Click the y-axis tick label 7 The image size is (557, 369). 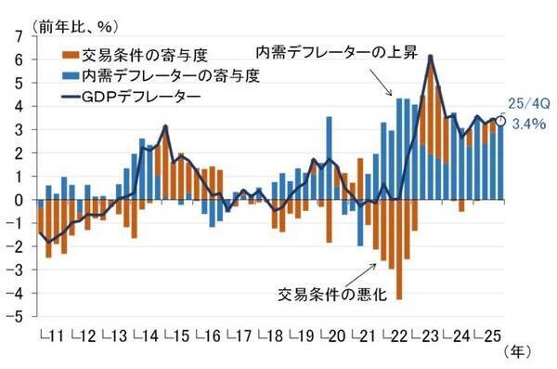17,34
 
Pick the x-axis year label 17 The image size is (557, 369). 243,334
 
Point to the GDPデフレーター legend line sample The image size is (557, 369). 72,96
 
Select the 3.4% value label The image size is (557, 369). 525,125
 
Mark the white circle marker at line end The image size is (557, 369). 500,120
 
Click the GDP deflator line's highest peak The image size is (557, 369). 431,57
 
